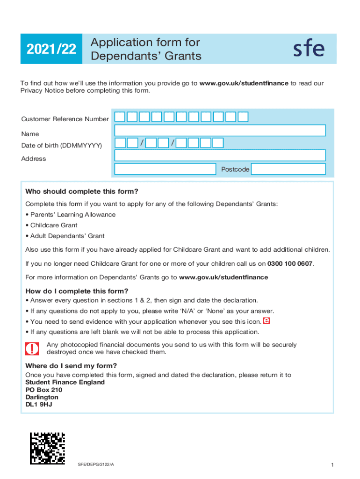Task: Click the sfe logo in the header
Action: pyautogui.click(x=309, y=49)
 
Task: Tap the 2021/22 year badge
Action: pyautogui.click(x=51, y=49)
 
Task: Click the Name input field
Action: pyautogui.click(x=220, y=131)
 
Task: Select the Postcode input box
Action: pyautogui.click(x=288, y=169)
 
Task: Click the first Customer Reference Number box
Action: pyautogui.click(x=120, y=117)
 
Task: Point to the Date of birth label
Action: pyautogui.click(x=61, y=145)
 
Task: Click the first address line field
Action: pyautogui.click(x=220, y=155)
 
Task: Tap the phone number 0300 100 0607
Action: pyautogui.click(x=290, y=264)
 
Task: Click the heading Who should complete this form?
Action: pyautogui.click(x=82, y=191)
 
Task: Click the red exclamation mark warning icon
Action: pyautogui.click(x=32, y=348)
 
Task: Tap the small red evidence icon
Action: pyautogui.click(x=266, y=321)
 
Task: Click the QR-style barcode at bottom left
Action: pyautogui.click(x=47, y=448)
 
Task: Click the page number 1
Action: pyautogui.click(x=331, y=464)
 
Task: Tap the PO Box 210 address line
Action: pyautogui.click(x=43, y=390)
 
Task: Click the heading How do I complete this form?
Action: pyautogui.click(x=77, y=291)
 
